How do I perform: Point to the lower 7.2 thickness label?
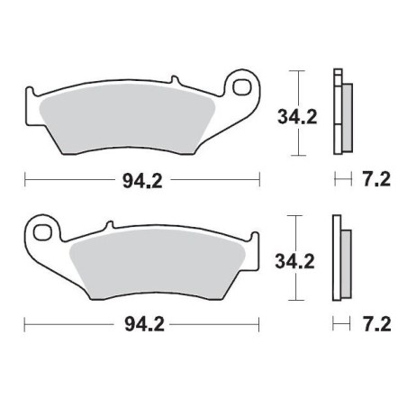point(376,321)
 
